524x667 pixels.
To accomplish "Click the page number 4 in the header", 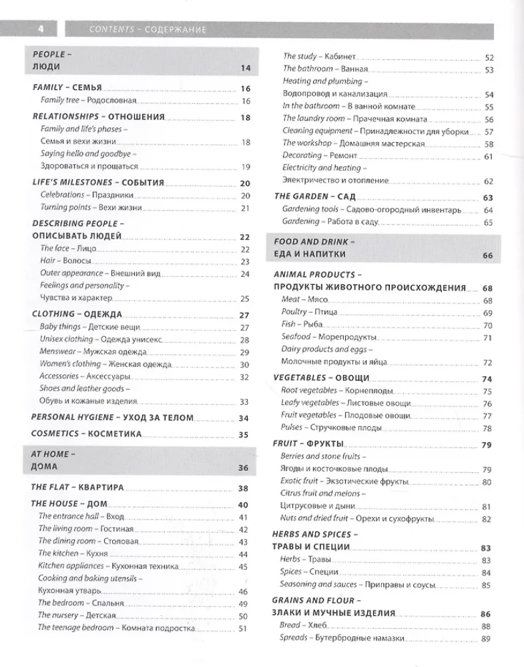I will [x=41, y=29].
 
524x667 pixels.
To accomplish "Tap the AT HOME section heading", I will [x=54, y=454].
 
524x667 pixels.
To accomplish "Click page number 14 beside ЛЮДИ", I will [x=244, y=67].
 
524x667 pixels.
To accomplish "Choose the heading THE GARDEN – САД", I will [x=315, y=197].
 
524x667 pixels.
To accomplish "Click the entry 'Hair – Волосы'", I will [x=65, y=261].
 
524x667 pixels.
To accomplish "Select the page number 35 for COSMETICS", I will [x=244, y=435].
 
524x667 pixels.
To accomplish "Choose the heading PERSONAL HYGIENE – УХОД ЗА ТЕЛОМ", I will [x=113, y=418].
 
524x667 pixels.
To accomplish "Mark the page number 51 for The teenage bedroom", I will [x=243, y=628].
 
